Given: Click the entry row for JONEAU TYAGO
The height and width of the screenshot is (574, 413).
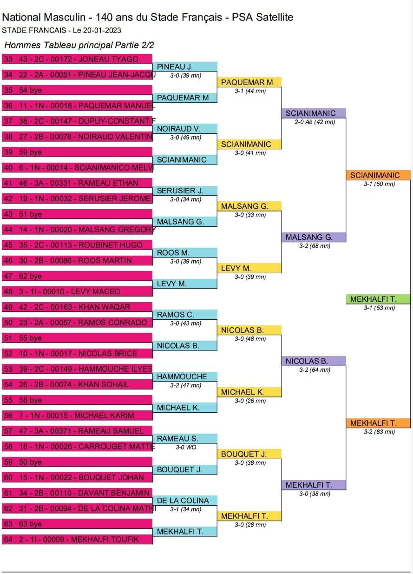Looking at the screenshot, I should click(78, 59).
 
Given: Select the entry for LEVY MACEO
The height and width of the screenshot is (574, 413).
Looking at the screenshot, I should click(78, 291).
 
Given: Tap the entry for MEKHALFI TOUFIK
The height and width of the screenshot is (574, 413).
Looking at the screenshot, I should click(78, 540).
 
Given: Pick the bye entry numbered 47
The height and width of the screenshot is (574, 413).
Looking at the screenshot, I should click(78, 276).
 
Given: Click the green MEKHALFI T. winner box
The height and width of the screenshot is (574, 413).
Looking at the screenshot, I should click(378, 299).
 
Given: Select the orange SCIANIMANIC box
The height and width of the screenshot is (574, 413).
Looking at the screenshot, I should click(378, 175).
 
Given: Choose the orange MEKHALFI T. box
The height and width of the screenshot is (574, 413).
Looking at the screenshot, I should click(378, 423).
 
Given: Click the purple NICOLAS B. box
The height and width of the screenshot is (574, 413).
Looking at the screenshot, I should click(314, 361).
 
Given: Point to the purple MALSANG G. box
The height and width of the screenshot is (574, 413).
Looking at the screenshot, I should click(314, 237).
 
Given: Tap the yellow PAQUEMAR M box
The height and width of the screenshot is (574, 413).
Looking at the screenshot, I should click(249, 82).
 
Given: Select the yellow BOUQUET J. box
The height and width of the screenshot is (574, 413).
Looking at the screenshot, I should click(249, 454).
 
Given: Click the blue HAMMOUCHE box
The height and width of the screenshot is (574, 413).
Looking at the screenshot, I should click(185, 376).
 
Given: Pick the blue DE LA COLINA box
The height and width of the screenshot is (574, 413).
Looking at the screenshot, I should click(185, 501).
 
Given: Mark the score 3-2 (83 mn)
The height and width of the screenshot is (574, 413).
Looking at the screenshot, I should click(379, 432).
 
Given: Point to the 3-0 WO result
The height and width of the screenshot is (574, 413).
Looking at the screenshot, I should click(185, 448).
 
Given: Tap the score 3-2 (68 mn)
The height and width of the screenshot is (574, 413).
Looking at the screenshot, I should click(315, 246).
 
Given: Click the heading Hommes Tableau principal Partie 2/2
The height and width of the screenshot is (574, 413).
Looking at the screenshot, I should click(79, 45).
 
